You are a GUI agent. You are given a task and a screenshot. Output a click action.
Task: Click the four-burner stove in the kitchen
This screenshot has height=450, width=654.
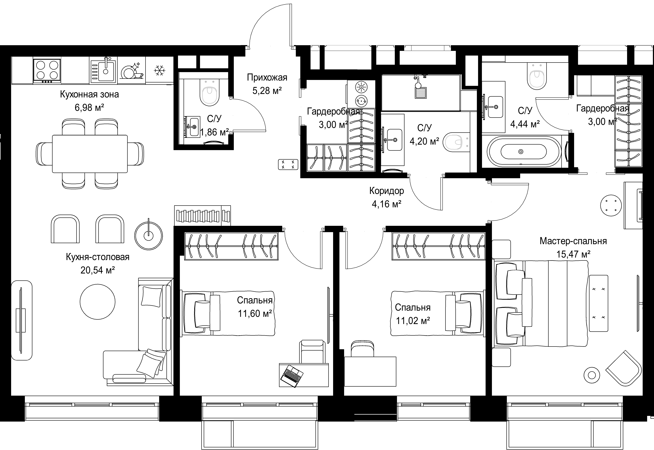click(x=47, y=71)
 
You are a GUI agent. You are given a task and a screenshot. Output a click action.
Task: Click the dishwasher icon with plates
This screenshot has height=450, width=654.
click(x=132, y=71)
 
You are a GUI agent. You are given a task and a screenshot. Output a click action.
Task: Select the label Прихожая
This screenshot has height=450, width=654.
click(x=267, y=77)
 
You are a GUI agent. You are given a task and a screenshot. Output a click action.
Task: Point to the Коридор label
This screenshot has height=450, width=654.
click(x=387, y=191)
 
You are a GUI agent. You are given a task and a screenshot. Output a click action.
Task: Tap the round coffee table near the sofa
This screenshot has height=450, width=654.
click(x=98, y=302)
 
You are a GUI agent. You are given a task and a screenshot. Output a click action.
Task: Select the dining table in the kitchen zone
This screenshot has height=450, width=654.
click(x=90, y=154)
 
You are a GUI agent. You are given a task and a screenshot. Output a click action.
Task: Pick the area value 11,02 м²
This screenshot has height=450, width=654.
click(x=413, y=321)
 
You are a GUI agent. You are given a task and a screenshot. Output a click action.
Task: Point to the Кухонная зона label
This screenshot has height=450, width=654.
click(x=89, y=94)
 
